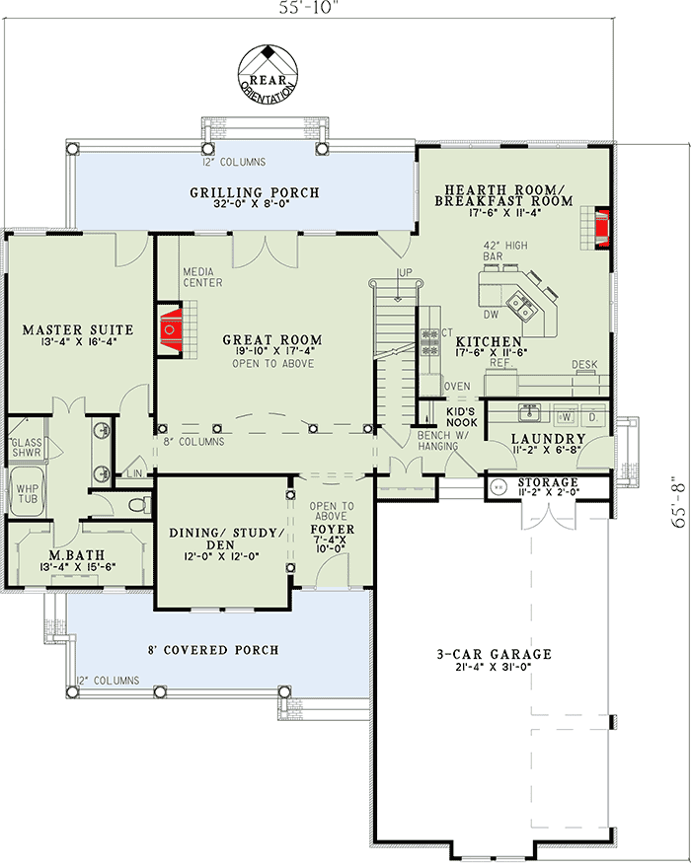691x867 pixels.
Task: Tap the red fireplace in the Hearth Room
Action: click(599, 224)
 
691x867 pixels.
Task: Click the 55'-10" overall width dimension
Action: click(308, 12)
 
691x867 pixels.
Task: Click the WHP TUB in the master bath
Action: click(23, 491)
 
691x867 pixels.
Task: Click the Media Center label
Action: click(202, 276)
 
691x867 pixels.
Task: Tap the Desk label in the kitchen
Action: click(584, 365)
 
